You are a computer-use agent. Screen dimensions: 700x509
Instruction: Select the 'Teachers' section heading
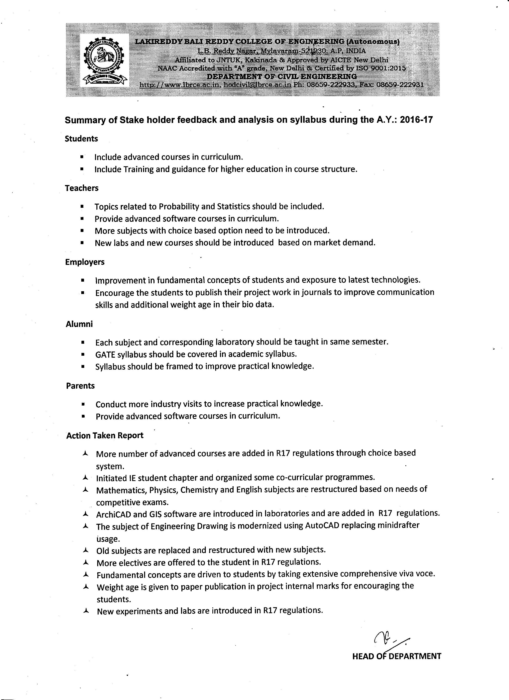(81, 188)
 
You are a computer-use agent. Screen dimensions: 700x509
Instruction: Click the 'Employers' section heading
(85, 262)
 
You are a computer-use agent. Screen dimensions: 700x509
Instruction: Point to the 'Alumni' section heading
(79, 324)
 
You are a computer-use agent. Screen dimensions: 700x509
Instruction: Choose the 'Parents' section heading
(80, 386)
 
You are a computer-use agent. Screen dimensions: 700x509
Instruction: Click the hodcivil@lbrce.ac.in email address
(257, 85)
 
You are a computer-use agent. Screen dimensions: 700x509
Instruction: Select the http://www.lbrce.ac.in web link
(179, 85)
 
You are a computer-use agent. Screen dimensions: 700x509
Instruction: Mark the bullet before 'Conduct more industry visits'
(83, 404)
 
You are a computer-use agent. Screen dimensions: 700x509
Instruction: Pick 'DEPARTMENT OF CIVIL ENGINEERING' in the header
(281, 76)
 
